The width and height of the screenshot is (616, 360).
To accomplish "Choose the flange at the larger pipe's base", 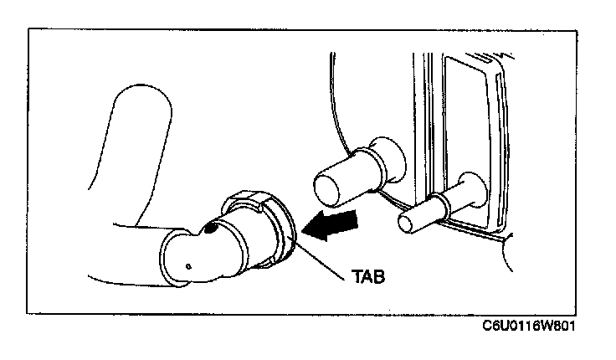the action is tap(388, 159).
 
